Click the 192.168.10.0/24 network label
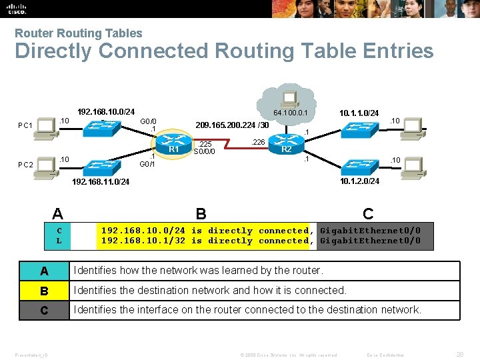coord(106,111)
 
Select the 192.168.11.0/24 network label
coord(101,181)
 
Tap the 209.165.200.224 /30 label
coord(231,125)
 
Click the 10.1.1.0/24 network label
coord(359,113)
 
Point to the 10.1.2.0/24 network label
coord(359,181)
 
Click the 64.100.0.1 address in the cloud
coord(290,113)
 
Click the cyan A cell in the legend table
coord(44,271)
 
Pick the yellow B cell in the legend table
coord(44,291)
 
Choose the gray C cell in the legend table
coord(44,310)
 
